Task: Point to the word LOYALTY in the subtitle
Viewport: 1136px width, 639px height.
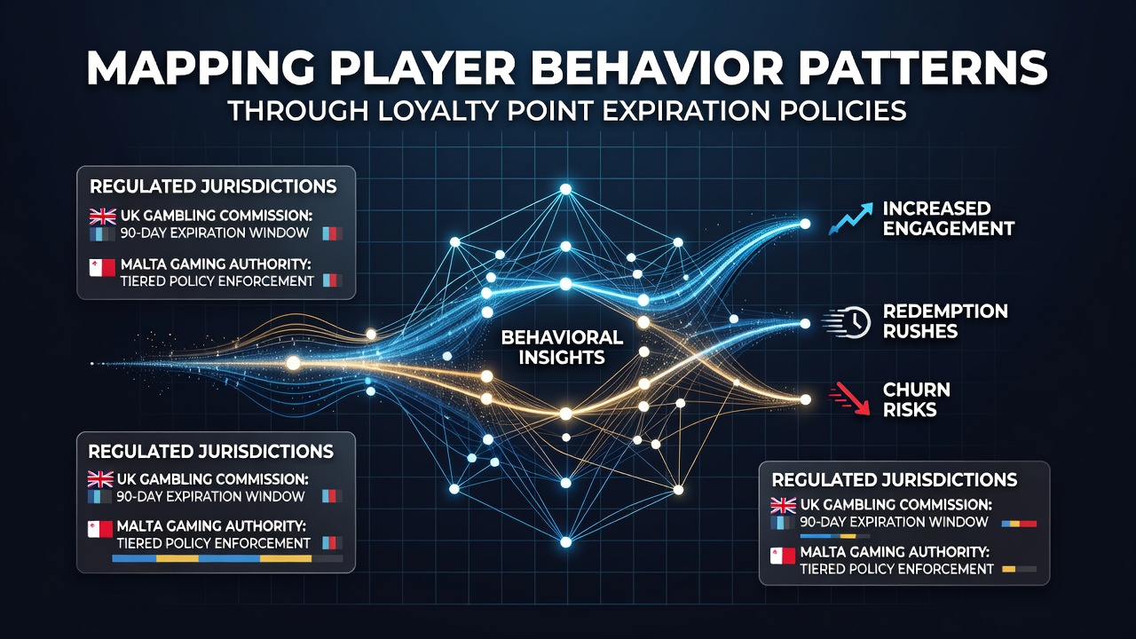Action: [438, 111]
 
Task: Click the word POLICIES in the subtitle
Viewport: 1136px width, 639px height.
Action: [842, 111]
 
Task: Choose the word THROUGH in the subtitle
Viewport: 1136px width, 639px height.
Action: [298, 111]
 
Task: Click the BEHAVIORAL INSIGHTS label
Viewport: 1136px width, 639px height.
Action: [562, 347]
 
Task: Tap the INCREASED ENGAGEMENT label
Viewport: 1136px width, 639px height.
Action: [949, 218]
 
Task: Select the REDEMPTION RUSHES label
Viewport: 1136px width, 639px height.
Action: [945, 321]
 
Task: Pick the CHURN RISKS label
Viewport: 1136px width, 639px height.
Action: [917, 399]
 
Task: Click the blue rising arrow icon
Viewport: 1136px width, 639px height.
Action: [850, 218]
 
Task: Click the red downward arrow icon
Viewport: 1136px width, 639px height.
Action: [849, 398]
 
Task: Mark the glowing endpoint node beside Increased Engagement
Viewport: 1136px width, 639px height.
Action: [805, 224]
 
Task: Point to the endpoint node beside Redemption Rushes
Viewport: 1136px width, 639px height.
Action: [805, 324]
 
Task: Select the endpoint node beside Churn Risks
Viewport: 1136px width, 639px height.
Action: [805, 399]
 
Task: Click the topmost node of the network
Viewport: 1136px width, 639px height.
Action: [565, 189]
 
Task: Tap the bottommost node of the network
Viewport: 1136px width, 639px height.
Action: [566, 542]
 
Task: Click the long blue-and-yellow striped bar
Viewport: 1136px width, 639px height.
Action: [226, 558]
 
